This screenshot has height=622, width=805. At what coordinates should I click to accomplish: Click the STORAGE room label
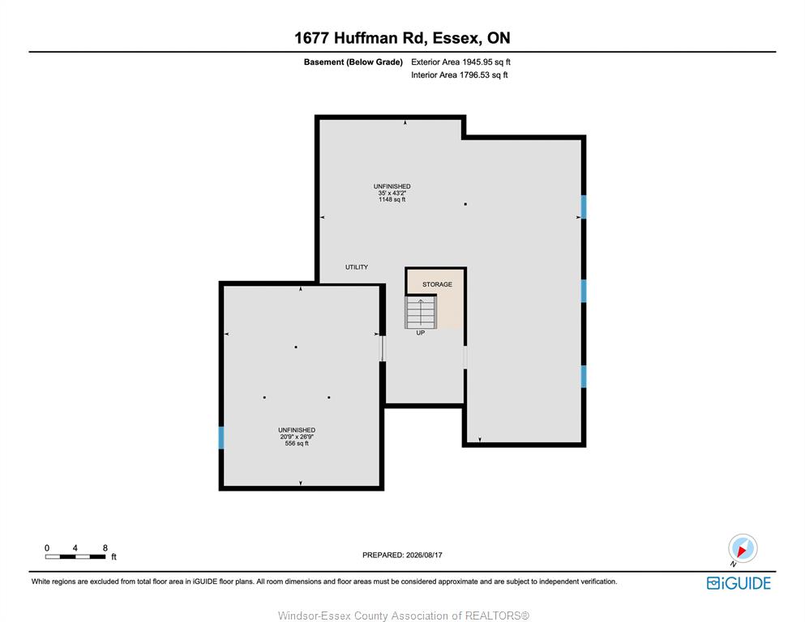[x=437, y=284]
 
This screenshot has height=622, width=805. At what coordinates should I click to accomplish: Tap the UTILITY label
[x=357, y=267]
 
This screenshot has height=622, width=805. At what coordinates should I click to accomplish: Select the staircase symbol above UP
[x=421, y=313]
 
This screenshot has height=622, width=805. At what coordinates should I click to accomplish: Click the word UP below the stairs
[x=421, y=333]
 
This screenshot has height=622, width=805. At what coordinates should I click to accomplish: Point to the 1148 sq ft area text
[x=392, y=199]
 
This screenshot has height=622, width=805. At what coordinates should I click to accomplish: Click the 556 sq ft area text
[x=297, y=444]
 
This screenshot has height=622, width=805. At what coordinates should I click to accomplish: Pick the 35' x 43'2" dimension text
[x=392, y=193]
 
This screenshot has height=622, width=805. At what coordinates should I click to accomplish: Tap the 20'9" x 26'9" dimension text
[x=297, y=437]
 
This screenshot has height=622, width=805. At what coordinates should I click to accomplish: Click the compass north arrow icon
[x=743, y=549]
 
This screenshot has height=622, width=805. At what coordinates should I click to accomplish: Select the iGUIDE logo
[x=739, y=583]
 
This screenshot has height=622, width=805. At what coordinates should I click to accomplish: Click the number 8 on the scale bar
[x=105, y=547]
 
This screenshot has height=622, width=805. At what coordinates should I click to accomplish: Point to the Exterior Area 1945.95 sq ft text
[x=460, y=62]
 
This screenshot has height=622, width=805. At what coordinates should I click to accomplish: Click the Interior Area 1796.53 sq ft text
[x=460, y=75]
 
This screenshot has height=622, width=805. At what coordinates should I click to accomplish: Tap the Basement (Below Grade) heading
[x=353, y=62]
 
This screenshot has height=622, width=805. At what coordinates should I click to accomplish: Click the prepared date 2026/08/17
[x=424, y=555]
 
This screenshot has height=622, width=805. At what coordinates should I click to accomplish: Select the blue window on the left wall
[x=221, y=438]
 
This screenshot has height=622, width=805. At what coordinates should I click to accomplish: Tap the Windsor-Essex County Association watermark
[x=404, y=616]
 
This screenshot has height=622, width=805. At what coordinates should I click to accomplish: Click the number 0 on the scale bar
[x=47, y=547]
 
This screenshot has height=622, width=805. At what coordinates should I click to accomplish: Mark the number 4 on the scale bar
[x=75, y=547]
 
